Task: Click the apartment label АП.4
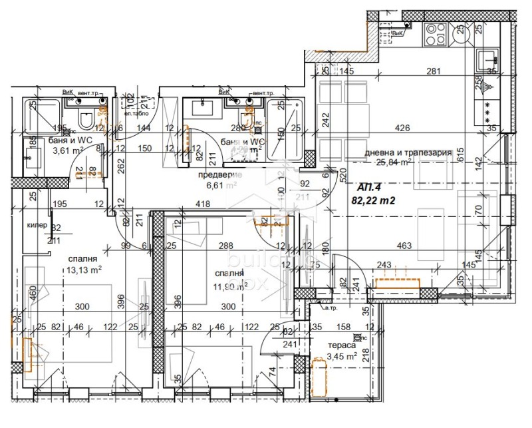pyautogui.click(x=371, y=187)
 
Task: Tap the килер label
pyautogui.click(x=37, y=226)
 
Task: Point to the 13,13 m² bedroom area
pyautogui.click(x=83, y=270)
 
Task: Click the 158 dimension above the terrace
pyautogui.click(x=343, y=326)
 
